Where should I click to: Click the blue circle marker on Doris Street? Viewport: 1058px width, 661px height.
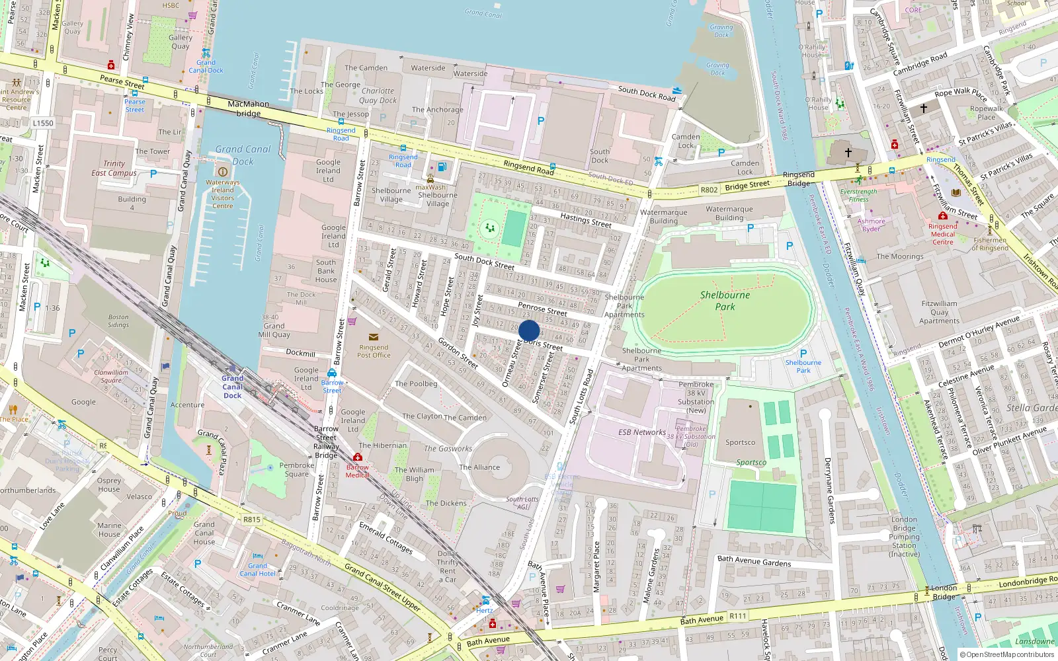tap(529, 330)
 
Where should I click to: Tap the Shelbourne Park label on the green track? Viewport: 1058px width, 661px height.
tap(725, 301)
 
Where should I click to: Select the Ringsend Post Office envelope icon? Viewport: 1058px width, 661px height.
tap(374, 337)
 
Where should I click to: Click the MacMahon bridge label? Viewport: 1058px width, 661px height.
tap(249, 108)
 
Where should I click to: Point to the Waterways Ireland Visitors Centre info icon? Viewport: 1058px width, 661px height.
tap(223, 172)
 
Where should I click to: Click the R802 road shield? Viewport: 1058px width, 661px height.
tap(709, 190)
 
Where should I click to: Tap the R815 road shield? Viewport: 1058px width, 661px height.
tap(252, 520)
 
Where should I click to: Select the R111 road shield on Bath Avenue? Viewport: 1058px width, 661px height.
tap(738, 616)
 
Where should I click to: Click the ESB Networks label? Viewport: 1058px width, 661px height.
tap(642, 432)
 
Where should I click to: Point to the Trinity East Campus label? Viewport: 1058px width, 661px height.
tap(114, 169)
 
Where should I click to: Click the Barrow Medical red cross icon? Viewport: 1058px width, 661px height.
tap(358, 457)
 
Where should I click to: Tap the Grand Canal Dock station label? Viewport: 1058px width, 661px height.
tap(232, 387)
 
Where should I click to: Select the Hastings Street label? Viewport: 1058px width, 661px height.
tap(585, 219)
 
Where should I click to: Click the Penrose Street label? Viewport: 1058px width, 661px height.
tap(542, 309)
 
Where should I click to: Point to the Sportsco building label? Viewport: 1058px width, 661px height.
tap(740, 443)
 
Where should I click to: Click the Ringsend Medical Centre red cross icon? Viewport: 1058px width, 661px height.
tap(943, 215)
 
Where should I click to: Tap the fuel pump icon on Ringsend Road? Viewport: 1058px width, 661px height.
tap(442, 167)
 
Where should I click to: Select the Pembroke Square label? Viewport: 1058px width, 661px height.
tap(296, 469)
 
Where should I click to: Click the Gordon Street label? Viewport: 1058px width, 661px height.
tap(458, 354)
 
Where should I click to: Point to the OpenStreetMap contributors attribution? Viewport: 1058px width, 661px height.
tap(1006, 654)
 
